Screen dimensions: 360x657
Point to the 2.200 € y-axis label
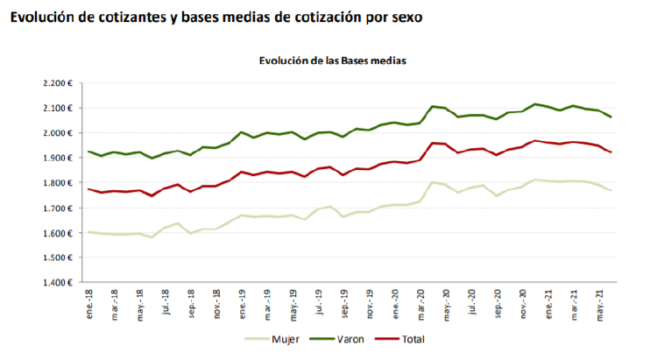pyautogui.click(x=56, y=84)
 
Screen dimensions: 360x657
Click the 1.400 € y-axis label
pyautogui.click(x=56, y=283)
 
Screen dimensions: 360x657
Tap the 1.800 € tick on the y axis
pyautogui.click(x=56, y=183)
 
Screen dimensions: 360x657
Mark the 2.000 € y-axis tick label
pyautogui.click(x=56, y=133)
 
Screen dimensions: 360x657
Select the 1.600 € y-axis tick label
pyautogui.click(x=56, y=233)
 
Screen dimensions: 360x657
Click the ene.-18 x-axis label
pyautogui.click(x=90, y=303)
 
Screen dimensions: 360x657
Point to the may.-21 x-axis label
pyautogui.click(x=600, y=303)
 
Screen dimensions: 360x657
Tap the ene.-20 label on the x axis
pyautogui.click(x=396, y=303)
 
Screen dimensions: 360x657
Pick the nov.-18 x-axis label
pyautogui.click(x=217, y=303)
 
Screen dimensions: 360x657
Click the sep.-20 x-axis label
pyautogui.click(x=498, y=303)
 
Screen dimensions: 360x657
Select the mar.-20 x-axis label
pyautogui.click(x=421, y=303)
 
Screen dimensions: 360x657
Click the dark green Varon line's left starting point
pyautogui.click(x=88, y=152)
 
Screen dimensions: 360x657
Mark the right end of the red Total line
pyautogui.click(x=611, y=152)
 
